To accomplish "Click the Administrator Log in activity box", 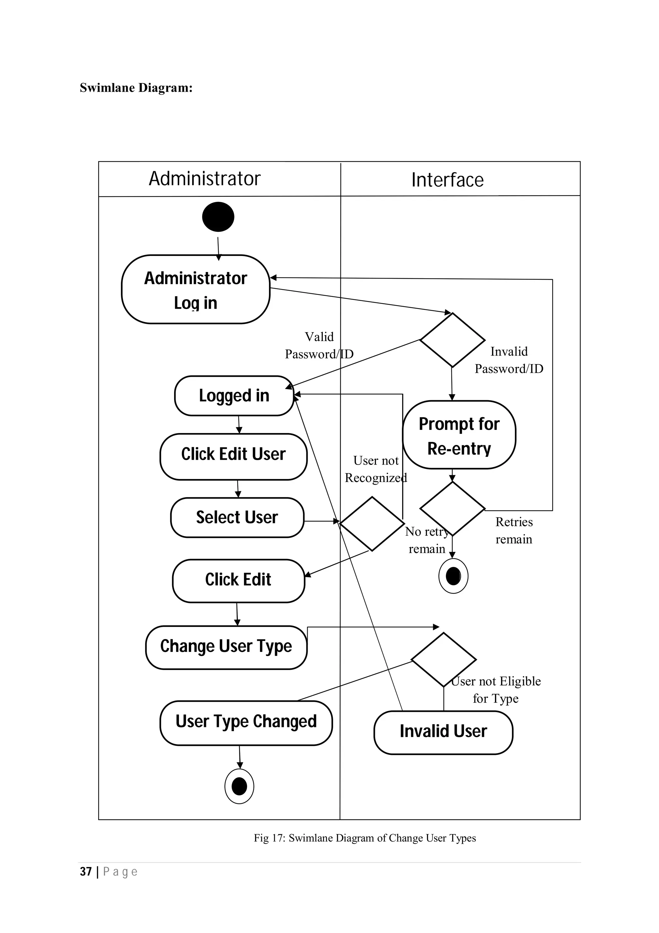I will coord(195,289).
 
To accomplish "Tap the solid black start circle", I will coord(218,217).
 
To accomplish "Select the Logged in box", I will coord(234,395).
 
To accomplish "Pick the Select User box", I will coord(237,517).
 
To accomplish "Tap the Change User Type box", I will coord(226,647).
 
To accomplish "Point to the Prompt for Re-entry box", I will coord(459,435).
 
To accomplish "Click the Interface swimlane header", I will coord(448,180).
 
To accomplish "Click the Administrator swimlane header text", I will coord(205,179).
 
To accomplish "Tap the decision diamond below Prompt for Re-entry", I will coord(452,509).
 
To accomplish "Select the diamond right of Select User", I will coord(372,523).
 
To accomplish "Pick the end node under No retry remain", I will coord(453,576).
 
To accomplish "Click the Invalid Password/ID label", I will coord(509,360).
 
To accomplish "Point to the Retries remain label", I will coord(514,530).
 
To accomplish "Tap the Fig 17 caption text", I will coord(365,838).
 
